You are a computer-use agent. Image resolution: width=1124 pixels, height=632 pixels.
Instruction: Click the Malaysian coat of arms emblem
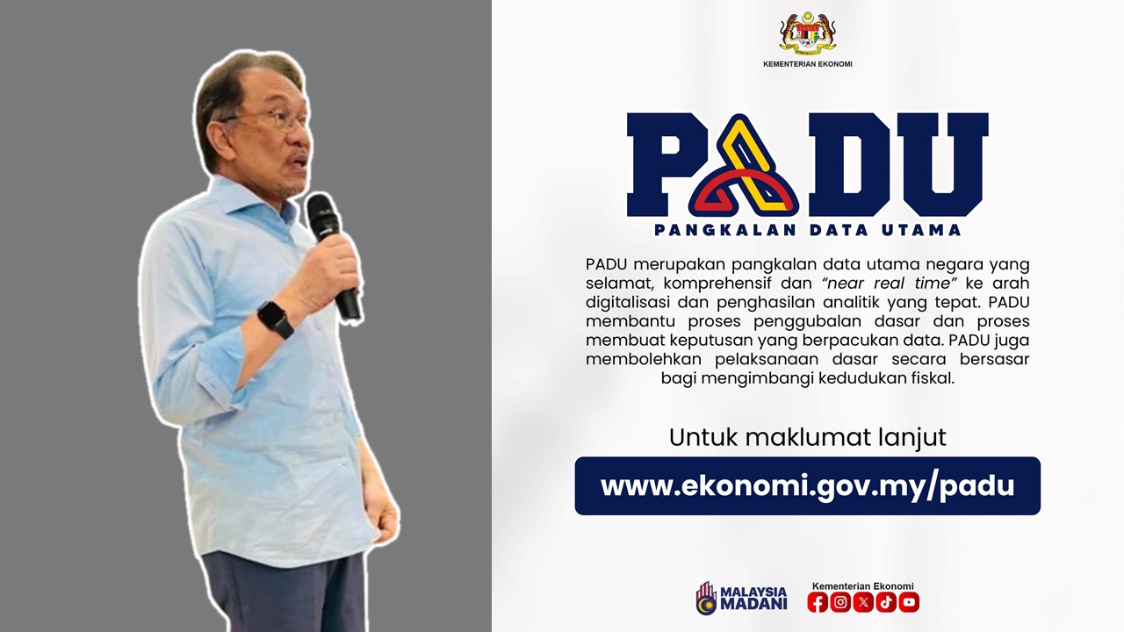click(x=807, y=33)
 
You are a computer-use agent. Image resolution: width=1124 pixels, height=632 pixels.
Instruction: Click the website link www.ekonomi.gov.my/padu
click(x=807, y=485)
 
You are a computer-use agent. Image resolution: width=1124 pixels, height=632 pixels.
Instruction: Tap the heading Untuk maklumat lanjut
click(x=807, y=437)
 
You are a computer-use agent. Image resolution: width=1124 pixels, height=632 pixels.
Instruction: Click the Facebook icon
click(x=818, y=602)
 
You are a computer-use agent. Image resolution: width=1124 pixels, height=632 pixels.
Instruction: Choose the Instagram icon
click(x=840, y=602)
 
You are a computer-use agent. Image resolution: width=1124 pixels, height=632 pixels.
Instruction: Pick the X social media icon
click(x=863, y=602)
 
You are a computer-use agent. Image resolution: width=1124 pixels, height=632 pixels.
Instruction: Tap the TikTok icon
click(x=886, y=602)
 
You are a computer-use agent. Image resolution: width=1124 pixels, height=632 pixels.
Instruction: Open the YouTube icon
click(x=909, y=602)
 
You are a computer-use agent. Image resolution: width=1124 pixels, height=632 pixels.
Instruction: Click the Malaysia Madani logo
click(x=741, y=598)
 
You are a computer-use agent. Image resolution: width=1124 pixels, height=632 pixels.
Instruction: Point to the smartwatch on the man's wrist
click(x=276, y=320)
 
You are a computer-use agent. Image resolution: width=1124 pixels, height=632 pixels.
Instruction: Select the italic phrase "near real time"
click(x=888, y=283)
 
